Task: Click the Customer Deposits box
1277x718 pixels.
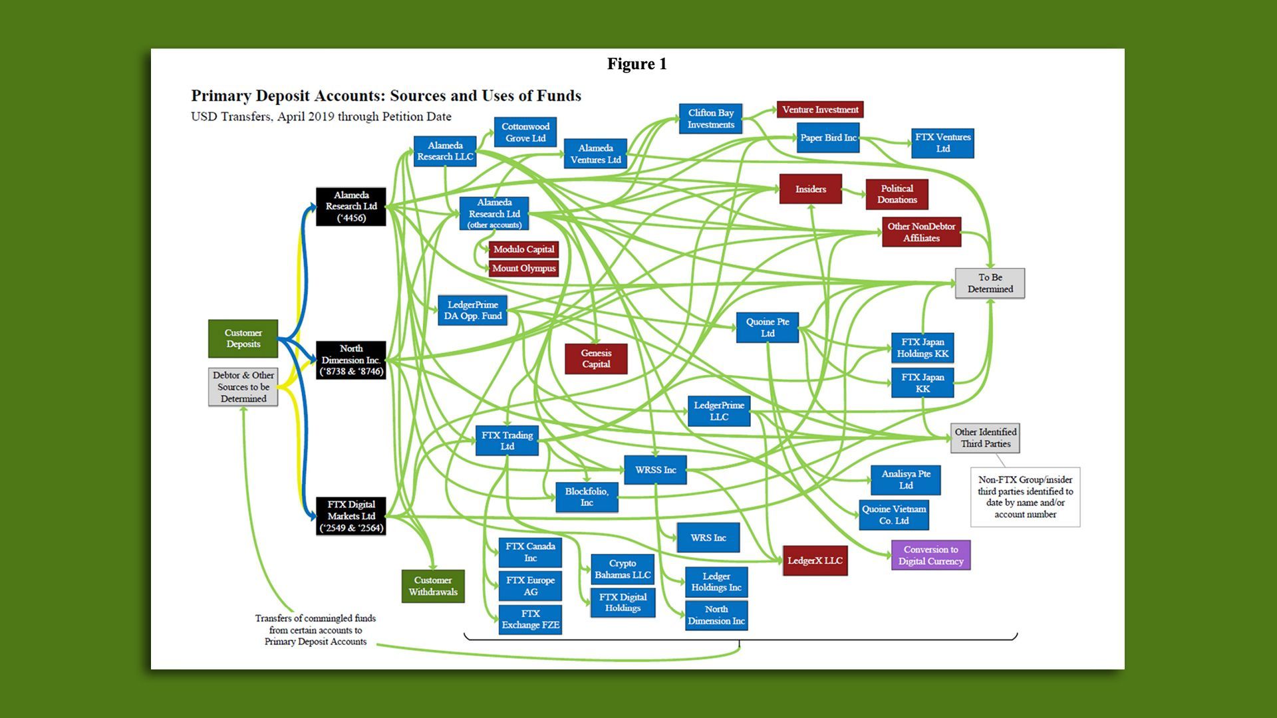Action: [x=243, y=338]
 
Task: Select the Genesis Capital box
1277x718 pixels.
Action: [x=595, y=358]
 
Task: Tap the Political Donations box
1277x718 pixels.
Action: [x=897, y=194]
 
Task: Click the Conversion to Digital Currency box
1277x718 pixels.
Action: [x=930, y=555]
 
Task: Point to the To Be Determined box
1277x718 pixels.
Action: [x=990, y=283]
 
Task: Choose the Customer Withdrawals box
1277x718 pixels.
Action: [x=433, y=586]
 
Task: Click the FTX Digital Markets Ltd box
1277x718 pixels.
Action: [x=351, y=516]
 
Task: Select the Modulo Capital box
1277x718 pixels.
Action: [x=523, y=249]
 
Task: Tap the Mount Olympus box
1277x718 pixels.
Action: [x=523, y=269]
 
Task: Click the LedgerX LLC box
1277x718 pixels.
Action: [x=815, y=560]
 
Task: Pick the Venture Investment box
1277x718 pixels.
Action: [x=820, y=110]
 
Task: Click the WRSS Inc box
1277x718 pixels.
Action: [x=655, y=470]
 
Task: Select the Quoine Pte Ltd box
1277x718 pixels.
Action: [x=767, y=327]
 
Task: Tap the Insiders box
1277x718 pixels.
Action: [x=810, y=189]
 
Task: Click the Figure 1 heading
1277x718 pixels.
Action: [x=637, y=64]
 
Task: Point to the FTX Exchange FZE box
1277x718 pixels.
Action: [x=530, y=619]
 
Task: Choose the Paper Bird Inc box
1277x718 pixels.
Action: [x=827, y=138]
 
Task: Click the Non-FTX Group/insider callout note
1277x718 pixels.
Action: [x=1025, y=497]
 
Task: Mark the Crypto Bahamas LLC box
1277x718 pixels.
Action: [x=623, y=569]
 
